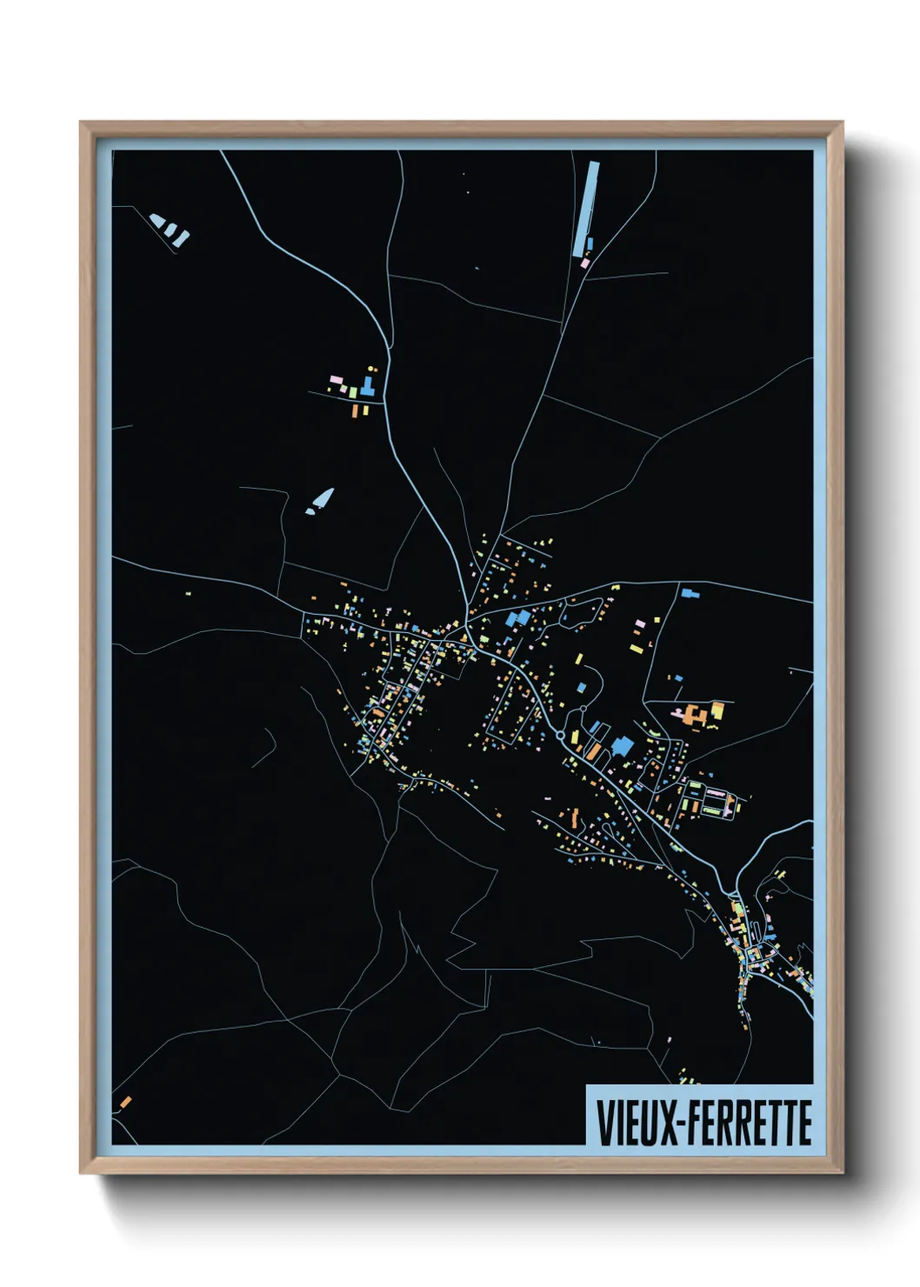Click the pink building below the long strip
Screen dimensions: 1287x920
pyautogui.click(x=584, y=263)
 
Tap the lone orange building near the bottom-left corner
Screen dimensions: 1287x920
pyautogui.click(x=125, y=1103)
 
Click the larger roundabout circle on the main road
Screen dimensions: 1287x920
pyautogui.click(x=561, y=736)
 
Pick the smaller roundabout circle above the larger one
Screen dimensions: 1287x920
pyautogui.click(x=582, y=710)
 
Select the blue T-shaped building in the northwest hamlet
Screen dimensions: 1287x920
pyautogui.click(x=368, y=386)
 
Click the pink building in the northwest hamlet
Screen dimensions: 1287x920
pyautogui.click(x=334, y=379)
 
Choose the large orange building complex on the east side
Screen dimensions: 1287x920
pyautogui.click(x=693, y=716)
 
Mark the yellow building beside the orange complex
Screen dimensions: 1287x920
pyautogui.click(x=718, y=709)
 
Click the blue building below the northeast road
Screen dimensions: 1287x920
pyautogui.click(x=690, y=593)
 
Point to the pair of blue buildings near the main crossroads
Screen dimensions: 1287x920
pyautogui.click(x=517, y=618)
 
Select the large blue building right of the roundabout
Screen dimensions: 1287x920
pyautogui.click(x=623, y=746)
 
